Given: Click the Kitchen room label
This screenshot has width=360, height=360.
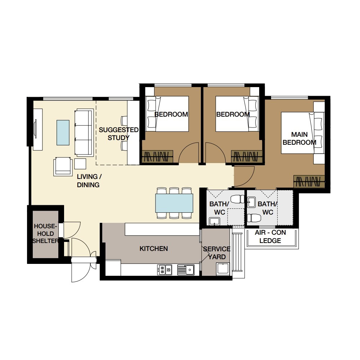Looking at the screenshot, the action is click(154, 248).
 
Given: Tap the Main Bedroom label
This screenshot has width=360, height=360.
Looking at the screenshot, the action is click(300, 138).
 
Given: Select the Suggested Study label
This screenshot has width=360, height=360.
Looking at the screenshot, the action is click(118, 134).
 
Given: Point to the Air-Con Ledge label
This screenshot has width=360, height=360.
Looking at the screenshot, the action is click(270, 237).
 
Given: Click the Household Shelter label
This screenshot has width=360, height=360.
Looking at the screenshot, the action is click(45, 234).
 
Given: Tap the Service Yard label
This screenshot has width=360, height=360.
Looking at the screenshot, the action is click(217, 253).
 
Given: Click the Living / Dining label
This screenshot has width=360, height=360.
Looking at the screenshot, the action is click(89, 181).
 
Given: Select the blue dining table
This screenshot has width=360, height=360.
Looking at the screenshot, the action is click(174, 203).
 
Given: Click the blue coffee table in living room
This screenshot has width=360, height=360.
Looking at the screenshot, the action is click(63, 132).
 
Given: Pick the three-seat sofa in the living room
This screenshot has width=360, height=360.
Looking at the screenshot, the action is click(84, 133).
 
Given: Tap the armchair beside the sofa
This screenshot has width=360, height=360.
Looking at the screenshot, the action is click(63, 166).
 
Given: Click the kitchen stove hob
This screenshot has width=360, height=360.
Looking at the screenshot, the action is click(165, 270).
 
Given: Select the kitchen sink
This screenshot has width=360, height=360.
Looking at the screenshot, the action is click(186, 270).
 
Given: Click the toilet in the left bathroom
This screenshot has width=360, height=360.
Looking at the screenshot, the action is click(237, 199).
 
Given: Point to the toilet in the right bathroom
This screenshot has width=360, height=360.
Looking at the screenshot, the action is click(254, 218).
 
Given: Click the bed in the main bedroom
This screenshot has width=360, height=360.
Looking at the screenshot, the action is click(303, 133).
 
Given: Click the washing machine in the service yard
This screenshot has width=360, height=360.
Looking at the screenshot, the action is click(223, 269).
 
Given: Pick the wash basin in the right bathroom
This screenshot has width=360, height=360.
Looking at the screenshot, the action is click(251, 202).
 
